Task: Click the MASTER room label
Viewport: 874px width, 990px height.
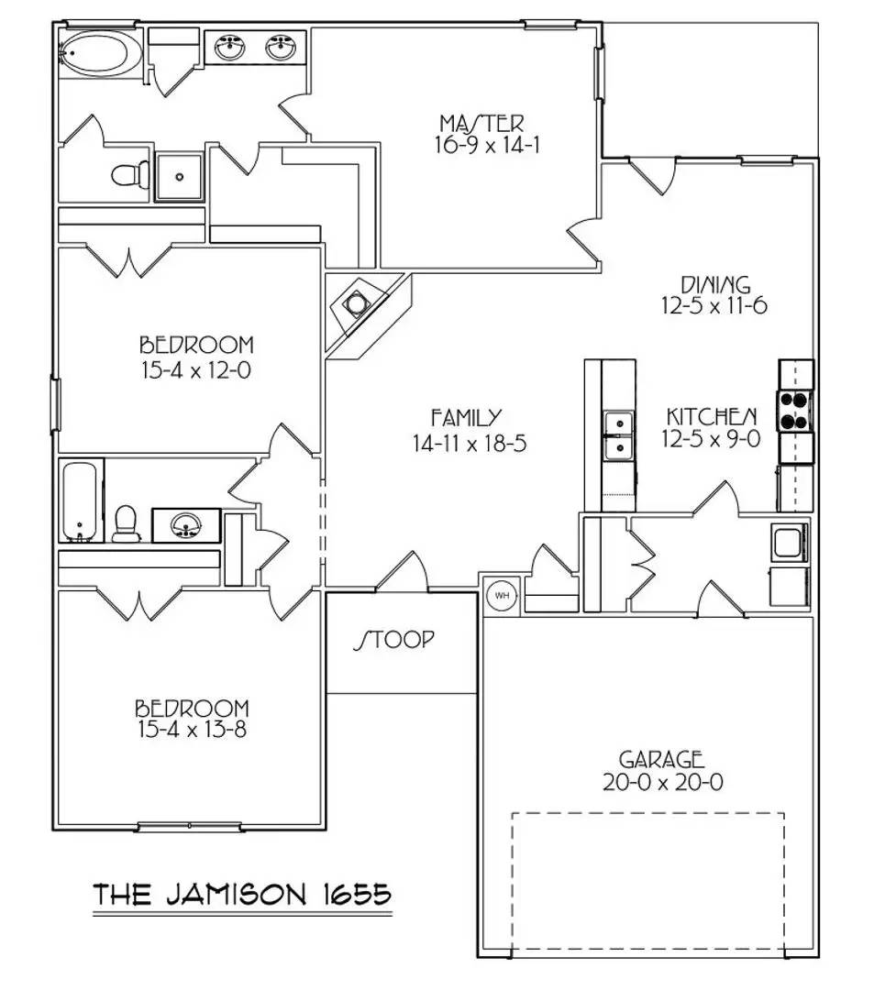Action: [481, 123]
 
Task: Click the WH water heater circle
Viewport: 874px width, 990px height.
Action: [502, 595]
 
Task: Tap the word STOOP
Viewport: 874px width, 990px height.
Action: [394, 640]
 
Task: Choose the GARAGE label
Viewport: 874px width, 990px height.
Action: [661, 759]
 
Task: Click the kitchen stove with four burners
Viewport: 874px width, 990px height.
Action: [795, 410]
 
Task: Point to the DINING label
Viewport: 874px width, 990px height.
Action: [714, 284]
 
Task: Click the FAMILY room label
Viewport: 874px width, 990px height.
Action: [466, 418]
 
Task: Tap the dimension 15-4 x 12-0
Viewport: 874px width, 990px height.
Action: [196, 371]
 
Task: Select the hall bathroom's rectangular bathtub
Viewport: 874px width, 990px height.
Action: [81, 500]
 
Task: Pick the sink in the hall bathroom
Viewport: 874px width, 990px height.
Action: [184, 525]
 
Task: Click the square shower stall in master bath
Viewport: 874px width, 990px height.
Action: [179, 176]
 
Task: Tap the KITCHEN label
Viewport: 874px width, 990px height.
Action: [712, 416]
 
